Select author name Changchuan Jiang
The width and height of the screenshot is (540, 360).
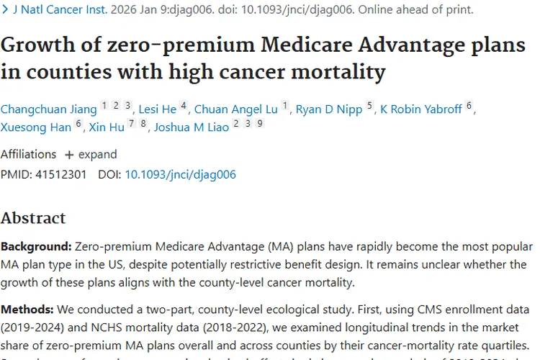coord(48,109)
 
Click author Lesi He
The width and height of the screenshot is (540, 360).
coord(157,109)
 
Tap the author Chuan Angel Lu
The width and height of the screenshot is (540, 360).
coord(235,109)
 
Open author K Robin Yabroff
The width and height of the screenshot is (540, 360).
coord(420,109)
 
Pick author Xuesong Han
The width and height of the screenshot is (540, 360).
coord(36,127)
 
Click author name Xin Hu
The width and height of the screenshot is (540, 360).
coord(107,127)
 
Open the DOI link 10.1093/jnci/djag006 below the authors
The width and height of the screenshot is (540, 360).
coord(180,174)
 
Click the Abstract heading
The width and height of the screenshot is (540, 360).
coord(33,218)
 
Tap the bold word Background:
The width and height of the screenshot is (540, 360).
coord(35,246)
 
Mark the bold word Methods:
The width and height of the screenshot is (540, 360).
coord(27,309)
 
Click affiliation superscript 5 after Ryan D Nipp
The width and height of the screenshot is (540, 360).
coord(369,106)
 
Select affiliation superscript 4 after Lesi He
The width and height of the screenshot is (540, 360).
coord(184,106)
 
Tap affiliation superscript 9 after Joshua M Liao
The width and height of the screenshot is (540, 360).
coord(259,124)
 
